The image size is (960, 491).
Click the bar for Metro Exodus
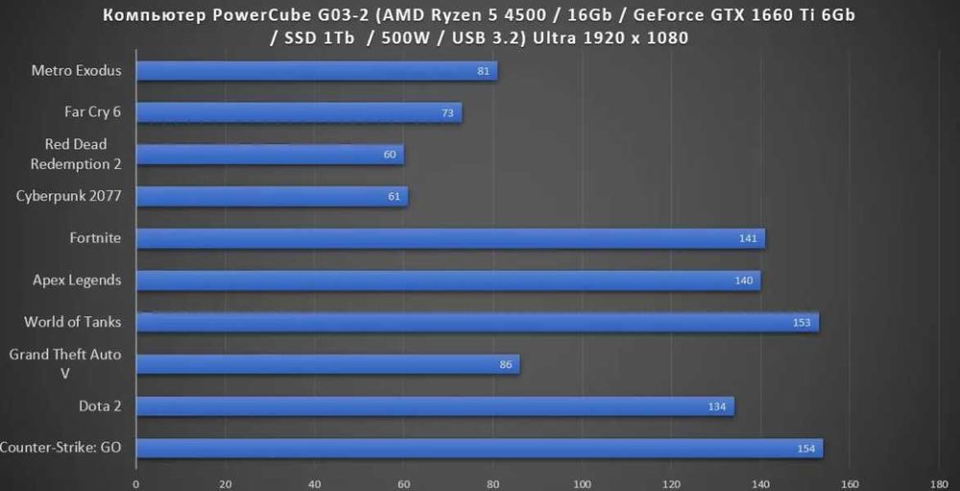tap(317, 71)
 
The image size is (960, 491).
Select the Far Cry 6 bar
tap(299, 112)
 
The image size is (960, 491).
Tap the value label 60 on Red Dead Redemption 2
tap(390, 155)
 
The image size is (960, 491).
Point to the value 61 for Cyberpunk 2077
tap(394, 197)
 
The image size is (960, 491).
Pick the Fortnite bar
tap(450, 238)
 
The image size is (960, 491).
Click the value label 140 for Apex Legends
tap(744, 281)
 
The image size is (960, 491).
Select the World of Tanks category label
tap(73, 322)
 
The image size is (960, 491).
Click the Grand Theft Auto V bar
tap(327, 364)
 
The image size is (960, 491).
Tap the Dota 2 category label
tap(100, 406)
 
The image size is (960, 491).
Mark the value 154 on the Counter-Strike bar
tap(806, 449)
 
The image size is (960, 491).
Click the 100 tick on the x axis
tap(582, 483)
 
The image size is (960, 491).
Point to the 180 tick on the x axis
tap(939, 483)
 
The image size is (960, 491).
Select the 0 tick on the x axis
tap(136, 483)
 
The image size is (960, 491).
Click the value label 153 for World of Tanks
tap(803, 323)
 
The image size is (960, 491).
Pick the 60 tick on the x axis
tap(404, 483)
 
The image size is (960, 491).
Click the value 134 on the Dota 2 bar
tap(717, 406)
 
